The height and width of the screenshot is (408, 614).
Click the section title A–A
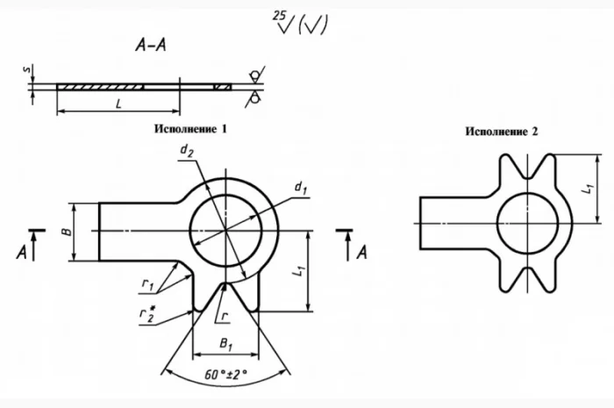click(x=152, y=50)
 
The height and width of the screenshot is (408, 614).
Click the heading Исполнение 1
click(x=190, y=128)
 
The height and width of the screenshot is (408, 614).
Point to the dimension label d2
click(x=187, y=152)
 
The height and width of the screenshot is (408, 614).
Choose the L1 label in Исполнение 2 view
click(x=591, y=186)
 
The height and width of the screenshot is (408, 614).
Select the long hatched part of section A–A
click(x=100, y=87)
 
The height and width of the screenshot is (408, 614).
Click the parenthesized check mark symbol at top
click(x=313, y=25)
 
